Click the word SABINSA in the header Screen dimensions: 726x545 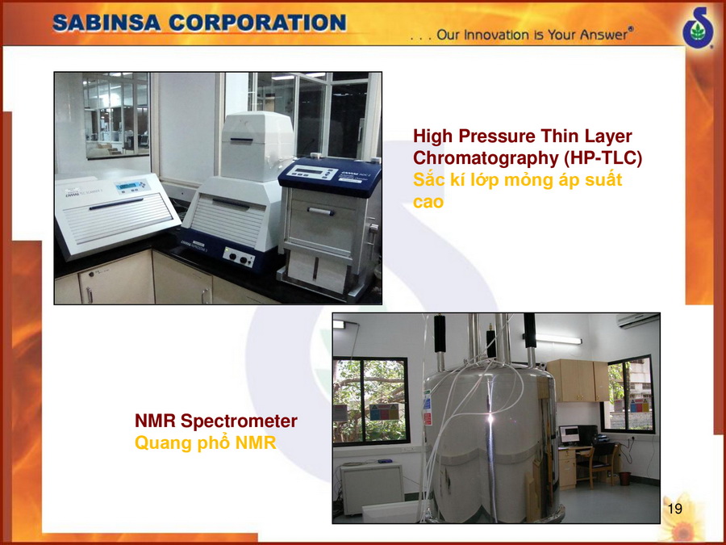(106, 23)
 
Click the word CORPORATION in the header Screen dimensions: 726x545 (257, 23)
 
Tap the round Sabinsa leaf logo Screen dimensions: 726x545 (699, 27)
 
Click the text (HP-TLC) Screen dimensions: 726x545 (603, 158)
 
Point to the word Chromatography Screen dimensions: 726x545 (486, 158)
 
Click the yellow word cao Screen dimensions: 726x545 (428, 203)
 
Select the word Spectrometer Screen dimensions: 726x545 (239, 421)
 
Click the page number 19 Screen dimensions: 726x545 (675, 509)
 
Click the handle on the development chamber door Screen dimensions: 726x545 (320, 212)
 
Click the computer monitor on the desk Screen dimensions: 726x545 (570, 434)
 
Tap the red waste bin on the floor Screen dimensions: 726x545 (624, 478)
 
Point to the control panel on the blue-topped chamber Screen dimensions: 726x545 (312, 174)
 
